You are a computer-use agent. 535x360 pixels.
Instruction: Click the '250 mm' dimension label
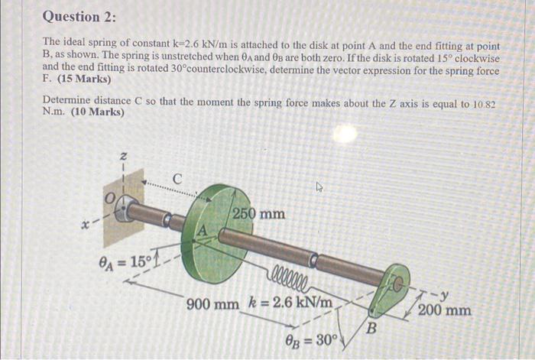(258, 213)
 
